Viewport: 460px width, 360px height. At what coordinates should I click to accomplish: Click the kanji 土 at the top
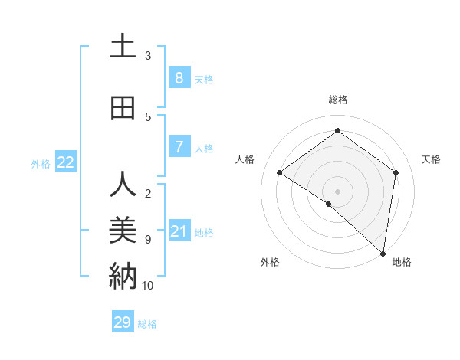click(x=123, y=47)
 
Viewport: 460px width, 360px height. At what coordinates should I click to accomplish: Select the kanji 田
click(x=123, y=108)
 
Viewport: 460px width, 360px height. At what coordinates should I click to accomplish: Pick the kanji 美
click(x=123, y=231)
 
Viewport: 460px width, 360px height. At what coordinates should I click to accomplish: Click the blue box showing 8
click(x=179, y=77)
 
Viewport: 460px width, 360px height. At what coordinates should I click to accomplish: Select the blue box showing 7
click(x=179, y=146)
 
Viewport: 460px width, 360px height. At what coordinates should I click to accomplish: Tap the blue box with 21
click(x=179, y=231)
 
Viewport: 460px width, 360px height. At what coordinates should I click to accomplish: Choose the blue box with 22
click(x=65, y=162)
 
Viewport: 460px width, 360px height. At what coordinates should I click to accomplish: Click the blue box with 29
click(x=122, y=322)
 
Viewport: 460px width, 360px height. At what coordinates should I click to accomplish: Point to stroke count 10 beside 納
click(x=148, y=286)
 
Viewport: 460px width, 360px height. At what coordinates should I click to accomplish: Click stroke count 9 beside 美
click(x=148, y=240)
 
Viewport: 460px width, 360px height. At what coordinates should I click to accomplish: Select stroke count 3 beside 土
click(x=148, y=56)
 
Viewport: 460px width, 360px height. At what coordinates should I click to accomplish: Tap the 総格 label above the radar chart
click(x=337, y=100)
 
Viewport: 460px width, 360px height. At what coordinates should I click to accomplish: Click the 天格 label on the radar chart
click(x=431, y=159)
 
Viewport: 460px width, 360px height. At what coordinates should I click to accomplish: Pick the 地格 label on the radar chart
click(x=402, y=263)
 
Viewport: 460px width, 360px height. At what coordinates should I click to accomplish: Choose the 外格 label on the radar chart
click(x=270, y=263)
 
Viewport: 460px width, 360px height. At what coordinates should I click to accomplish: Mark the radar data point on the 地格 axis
click(x=383, y=253)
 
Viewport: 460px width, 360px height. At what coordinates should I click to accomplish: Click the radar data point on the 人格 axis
click(x=279, y=172)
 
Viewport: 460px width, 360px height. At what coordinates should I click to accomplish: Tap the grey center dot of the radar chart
click(x=337, y=191)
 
